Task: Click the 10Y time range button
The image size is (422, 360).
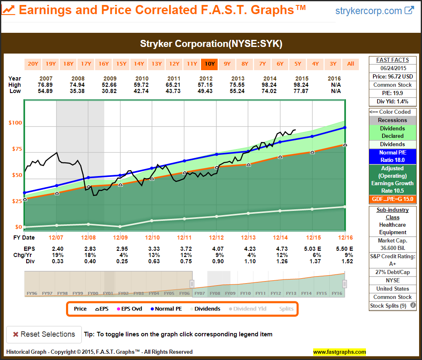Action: (x=209, y=64)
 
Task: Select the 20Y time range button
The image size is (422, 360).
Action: (x=33, y=64)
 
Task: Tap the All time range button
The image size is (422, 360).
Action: (x=351, y=64)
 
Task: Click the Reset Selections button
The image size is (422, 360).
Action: (x=44, y=334)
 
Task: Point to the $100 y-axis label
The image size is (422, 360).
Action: (x=16, y=123)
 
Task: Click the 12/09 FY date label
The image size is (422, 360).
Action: (x=120, y=238)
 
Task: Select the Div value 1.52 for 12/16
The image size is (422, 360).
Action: (x=345, y=261)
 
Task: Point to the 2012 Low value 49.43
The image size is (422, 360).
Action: (x=206, y=91)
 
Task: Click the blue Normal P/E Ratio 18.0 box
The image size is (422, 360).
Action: (x=393, y=156)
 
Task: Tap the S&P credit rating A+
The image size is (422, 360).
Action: (x=393, y=264)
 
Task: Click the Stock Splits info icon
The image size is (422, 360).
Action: (x=413, y=306)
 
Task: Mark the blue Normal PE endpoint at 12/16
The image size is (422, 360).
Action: (x=345, y=127)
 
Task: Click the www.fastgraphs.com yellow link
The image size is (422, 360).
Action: (x=339, y=352)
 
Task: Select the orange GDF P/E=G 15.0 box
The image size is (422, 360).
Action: (x=393, y=199)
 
